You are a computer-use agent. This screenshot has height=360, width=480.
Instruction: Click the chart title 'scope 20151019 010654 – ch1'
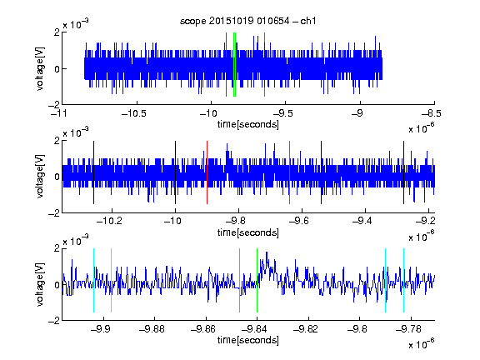click(247, 21)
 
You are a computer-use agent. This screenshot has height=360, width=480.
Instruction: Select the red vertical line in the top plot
click(226, 64)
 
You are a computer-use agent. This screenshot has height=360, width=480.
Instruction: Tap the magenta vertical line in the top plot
click(264, 64)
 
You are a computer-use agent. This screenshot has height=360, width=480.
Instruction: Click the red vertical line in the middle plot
click(207, 172)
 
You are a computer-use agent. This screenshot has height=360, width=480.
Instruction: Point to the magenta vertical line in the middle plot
click(290, 172)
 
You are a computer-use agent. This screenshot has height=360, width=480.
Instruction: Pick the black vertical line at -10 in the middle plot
click(175, 172)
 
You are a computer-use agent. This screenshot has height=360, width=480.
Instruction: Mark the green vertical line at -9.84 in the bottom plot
click(257, 280)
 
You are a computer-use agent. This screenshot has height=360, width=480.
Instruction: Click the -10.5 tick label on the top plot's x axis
click(134, 113)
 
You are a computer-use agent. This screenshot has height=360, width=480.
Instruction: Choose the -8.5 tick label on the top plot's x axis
click(432, 113)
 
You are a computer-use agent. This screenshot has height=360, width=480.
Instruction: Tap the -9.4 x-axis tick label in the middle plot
click(362, 220)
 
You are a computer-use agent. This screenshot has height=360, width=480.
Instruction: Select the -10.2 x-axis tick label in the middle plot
click(109, 220)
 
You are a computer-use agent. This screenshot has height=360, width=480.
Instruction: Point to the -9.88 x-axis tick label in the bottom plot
click(152, 329)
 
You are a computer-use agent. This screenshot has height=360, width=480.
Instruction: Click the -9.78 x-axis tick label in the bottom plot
click(408, 329)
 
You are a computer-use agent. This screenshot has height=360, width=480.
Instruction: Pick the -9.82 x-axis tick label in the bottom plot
click(306, 329)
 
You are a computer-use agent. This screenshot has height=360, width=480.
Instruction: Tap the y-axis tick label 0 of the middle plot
click(57, 177)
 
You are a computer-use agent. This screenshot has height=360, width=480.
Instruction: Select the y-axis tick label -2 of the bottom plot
click(54, 321)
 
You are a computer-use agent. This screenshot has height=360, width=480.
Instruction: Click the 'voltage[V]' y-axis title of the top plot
click(40, 68)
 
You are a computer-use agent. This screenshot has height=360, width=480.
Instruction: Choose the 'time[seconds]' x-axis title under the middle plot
click(248, 232)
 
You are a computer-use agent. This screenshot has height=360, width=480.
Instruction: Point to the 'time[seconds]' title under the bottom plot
click(248, 340)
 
